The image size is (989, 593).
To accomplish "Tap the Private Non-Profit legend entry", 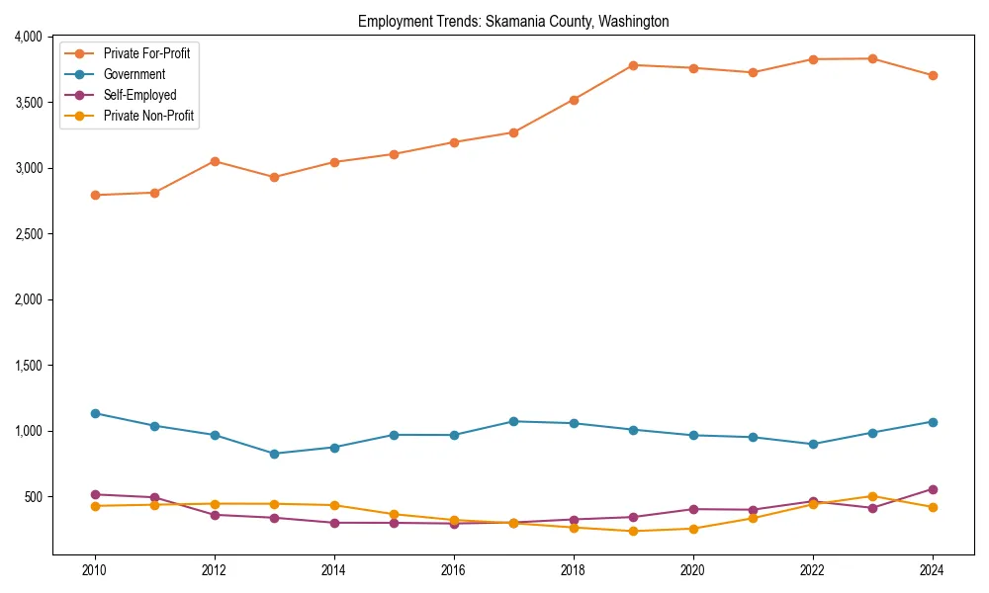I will click(x=148, y=117).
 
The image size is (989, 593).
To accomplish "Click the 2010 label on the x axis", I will click(x=95, y=570).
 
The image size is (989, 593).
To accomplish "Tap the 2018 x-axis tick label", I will click(x=574, y=570).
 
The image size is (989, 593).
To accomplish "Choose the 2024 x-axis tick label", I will click(x=933, y=570).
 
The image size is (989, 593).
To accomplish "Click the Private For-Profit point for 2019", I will click(x=633, y=65).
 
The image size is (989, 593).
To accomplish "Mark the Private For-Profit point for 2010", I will click(x=95, y=195).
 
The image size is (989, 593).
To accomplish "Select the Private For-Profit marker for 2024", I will click(x=933, y=75).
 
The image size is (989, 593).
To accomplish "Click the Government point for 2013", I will click(x=274, y=454).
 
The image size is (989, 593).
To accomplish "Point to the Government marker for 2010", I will click(x=95, y=413).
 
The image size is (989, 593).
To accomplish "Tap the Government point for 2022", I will click(x=813, y=444).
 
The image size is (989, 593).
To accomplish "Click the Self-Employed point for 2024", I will click(x=933, y=489).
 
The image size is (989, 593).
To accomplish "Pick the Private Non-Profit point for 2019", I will click(x=633, y=532).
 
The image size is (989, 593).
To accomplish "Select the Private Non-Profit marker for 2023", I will click(x=872, y=496).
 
